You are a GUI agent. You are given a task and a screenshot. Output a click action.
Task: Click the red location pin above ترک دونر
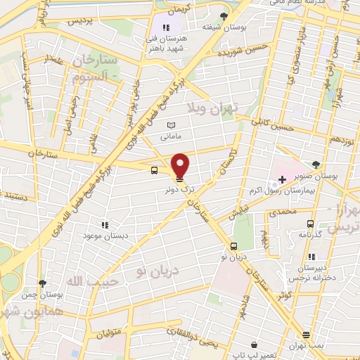[x=181, y=165]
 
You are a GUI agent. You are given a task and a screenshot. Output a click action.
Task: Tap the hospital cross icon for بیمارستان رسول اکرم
[x=282, y=180]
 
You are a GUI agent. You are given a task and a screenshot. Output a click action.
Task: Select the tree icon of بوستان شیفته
[x=224, y=15]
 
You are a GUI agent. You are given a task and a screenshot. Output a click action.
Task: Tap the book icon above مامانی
[x=170, y=124]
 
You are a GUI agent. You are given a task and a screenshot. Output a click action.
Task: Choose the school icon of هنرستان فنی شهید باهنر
[x=166, y=27]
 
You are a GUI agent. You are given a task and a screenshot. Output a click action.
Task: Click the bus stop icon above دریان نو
[x=233, y=246]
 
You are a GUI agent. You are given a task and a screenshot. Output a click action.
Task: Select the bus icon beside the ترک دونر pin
[x=153, y=169]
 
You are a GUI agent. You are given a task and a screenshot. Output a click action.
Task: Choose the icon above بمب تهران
[x=306, y=335]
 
